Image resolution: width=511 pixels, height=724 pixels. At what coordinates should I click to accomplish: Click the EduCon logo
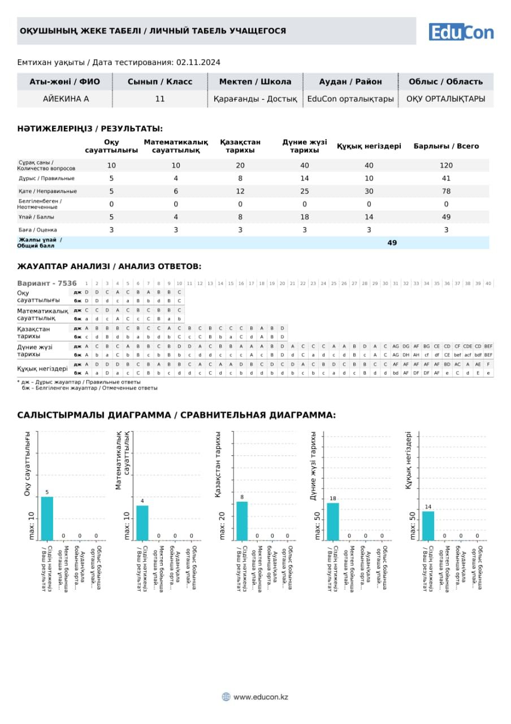coord(461,32)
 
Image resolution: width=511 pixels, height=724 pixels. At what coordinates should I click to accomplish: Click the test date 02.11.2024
coord(198,62)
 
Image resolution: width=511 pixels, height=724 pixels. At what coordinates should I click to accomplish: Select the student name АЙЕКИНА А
coord(66,99)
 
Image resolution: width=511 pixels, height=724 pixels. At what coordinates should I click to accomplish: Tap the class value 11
coord(160,99)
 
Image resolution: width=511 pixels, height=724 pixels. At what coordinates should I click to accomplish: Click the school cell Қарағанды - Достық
coord(255,99)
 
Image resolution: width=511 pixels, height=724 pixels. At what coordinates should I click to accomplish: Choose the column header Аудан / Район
coord(350,81)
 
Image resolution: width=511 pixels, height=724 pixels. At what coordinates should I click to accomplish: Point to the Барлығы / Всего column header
coord(446,146)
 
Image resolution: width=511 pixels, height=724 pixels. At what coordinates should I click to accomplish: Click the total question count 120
coord(446,165)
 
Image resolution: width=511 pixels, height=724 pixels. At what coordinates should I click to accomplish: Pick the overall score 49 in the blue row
coord(392,243)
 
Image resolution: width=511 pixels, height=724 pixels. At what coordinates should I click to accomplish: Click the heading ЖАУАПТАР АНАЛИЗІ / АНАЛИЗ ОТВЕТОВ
coord(109,266)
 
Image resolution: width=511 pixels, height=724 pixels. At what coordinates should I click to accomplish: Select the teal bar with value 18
coord(333,522)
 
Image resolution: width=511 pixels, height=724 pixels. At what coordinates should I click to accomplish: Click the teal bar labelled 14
coord(428,525)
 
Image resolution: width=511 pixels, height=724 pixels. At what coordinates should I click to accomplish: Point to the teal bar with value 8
coord(242,520)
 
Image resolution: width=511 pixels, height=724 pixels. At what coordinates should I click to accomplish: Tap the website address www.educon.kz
coord(261,697)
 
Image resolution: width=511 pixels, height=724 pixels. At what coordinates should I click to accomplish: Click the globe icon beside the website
coord(226,697)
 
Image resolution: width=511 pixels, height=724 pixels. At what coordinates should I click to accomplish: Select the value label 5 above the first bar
coord(47,492)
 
